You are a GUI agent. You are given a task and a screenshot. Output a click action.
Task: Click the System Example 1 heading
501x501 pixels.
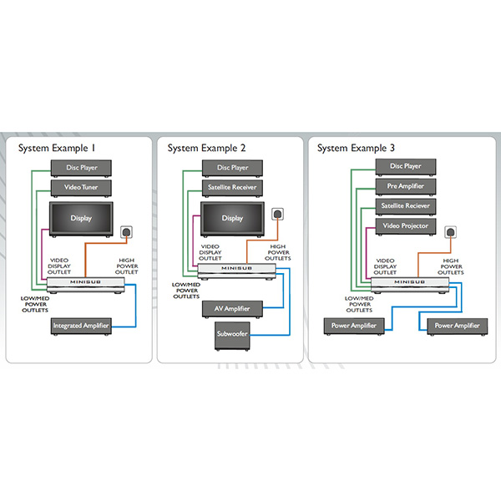(x=57, y=148)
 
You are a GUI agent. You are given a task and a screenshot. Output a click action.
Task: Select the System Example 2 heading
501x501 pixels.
(x=208, y=148)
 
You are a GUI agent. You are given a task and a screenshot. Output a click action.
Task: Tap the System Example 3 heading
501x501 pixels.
(x=358, y=148)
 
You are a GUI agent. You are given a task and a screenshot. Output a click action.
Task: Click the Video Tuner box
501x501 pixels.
(x=83, y=187)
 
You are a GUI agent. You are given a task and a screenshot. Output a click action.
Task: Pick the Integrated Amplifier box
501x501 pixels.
(x=81, y=325)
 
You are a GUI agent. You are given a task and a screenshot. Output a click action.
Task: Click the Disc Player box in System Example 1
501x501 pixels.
(x=83, y=169)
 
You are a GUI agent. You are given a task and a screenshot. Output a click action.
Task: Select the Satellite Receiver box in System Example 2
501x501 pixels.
(x=233, y=187)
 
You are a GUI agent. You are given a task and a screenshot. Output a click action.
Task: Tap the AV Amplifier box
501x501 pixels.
(x=231, y=309)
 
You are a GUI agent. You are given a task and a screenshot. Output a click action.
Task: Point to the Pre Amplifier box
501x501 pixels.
(x=405, y=186)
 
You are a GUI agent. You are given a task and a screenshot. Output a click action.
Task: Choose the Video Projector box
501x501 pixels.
(x=405, y=226)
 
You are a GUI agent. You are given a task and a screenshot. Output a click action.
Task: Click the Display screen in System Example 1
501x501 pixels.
(x=82, y=219)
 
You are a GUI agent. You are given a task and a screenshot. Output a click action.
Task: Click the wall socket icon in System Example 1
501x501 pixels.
(x=127, y=230)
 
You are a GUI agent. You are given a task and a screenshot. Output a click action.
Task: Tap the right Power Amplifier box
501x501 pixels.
(x=456, y=325)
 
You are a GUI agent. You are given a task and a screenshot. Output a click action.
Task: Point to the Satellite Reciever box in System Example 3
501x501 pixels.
(x=405, y=206)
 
